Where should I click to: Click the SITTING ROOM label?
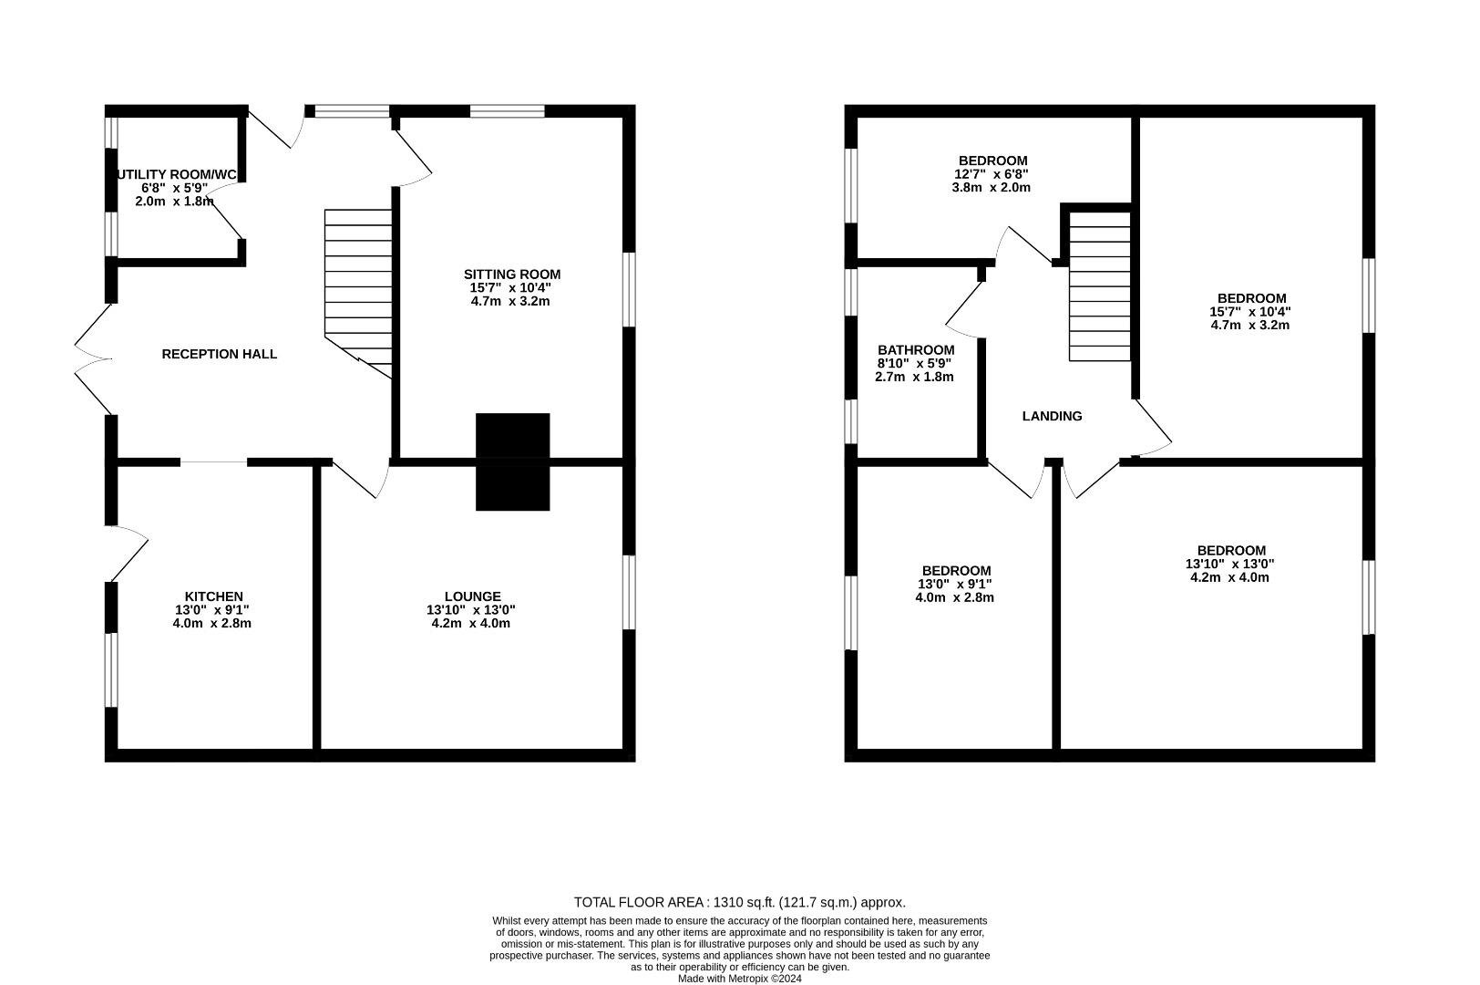pyautogui.click(x=512, y=275)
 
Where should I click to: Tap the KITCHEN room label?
pyautogui.click(x=213, y=596)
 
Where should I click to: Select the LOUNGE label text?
pyautogui.click(x=472, y=596)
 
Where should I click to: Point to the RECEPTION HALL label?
pyautogui.click(x=220, y=355)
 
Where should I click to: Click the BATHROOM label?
pyautogui.click(x=916, y=349)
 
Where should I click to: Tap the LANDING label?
pyautogui.click(x=1052, y=416)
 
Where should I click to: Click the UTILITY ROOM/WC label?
pyautogui.click(x=177, y=174)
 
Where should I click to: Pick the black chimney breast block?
pyautogui.click(x=513, y=461)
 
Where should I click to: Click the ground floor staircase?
pyautogui.click(x=358, y=294)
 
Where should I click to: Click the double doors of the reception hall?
pyautogui.click(x=93, y=359)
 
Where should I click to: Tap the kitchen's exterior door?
pyautogui.click(x=127, y=554)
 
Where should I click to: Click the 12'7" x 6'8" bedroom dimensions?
pyautogui.click(x=992, y=174)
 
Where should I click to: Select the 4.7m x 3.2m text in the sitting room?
pyautogui.click(x=511, y=302)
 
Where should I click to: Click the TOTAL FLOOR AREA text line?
pyautogui.click(x=739, y=902)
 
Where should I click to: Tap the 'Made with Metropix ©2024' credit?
pyautogui.click(x=739, y=979)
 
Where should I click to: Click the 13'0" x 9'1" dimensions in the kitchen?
pyautogui.click(x=212, y=609)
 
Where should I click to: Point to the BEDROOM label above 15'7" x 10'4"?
pyautogui.click(x=1251, y=298)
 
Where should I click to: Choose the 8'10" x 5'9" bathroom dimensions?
pyautogui.click(x=914, y=363)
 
